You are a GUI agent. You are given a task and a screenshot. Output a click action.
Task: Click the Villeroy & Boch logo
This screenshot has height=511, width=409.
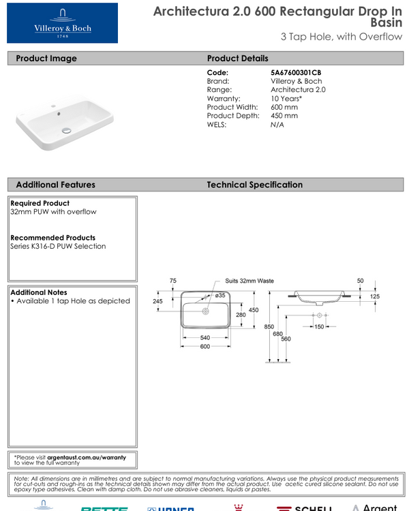62,23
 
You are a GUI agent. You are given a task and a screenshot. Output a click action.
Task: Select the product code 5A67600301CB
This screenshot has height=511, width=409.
296,72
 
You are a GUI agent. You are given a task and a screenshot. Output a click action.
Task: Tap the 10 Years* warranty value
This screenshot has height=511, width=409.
286,99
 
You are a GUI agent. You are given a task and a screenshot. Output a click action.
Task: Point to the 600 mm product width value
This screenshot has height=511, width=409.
284,107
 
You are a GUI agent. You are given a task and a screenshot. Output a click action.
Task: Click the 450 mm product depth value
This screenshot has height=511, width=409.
284,116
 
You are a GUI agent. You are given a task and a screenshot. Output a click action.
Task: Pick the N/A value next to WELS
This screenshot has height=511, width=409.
277,125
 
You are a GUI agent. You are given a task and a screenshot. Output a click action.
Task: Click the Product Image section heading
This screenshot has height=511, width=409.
46,59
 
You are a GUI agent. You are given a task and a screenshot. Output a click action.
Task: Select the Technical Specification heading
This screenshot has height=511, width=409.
254,185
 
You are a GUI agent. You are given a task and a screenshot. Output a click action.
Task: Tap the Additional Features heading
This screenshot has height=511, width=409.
55,185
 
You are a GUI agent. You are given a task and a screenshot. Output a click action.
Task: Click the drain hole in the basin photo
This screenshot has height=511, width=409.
66,129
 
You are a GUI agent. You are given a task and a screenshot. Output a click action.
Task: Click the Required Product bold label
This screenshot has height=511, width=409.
40,203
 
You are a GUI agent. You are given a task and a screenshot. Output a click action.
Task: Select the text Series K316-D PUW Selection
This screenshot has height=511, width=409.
58,246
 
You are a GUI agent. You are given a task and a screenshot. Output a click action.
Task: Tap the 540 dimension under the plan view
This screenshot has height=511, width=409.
204,338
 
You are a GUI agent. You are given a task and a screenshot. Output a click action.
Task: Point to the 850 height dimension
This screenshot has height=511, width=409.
269,327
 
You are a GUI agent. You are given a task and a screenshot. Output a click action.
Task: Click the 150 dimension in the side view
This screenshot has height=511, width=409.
318,327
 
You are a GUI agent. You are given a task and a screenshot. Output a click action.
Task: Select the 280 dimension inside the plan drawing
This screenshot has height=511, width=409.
240,315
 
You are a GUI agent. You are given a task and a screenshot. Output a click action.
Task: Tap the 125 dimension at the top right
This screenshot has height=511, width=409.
375,296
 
